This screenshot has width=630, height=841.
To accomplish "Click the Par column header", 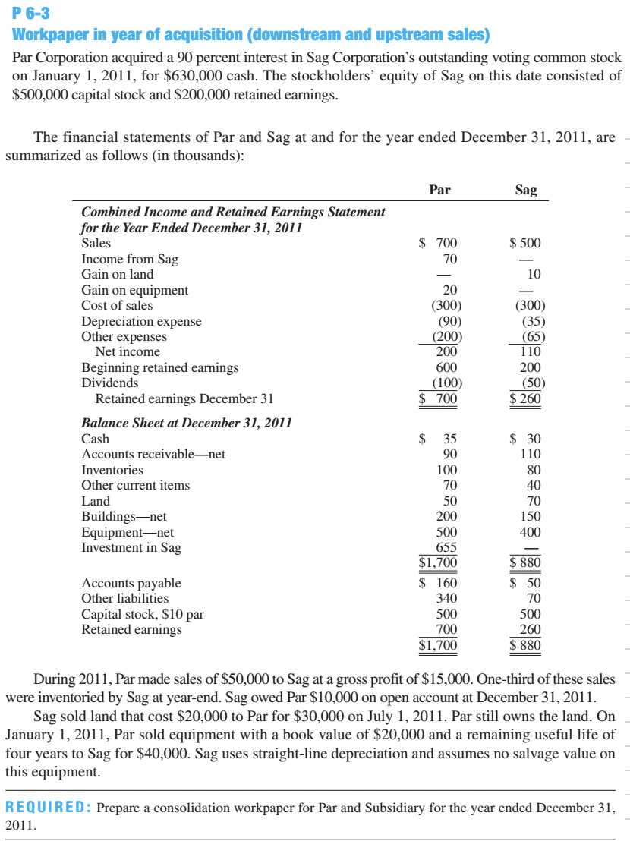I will [439, 190].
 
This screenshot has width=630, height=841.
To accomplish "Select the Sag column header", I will [525, 190].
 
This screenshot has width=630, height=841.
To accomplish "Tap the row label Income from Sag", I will [130, 259].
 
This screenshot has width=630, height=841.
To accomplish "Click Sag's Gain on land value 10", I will [534, 274].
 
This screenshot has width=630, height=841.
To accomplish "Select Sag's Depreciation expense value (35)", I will [530, 321].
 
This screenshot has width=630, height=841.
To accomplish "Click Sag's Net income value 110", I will [530, 352].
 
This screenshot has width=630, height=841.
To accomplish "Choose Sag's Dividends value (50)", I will [530, 383].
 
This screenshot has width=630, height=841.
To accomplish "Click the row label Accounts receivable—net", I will [153, 455].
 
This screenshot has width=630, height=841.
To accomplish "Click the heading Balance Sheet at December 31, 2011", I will [187, 423].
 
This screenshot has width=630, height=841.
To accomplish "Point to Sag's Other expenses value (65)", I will [530, 336].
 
